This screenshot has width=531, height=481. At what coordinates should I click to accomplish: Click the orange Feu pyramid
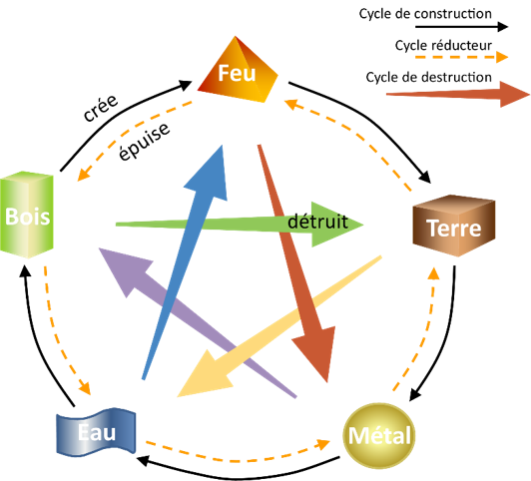238,70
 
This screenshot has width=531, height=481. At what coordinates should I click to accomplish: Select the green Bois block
27,215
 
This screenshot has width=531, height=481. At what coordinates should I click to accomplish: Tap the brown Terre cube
454,226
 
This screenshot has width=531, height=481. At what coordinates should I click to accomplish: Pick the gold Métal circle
379,435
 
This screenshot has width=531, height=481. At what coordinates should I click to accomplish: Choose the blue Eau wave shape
96,432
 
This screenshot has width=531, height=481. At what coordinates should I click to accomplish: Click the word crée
101,108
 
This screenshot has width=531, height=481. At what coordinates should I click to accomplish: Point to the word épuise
144,141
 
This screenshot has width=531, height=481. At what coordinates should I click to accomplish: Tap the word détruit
317,222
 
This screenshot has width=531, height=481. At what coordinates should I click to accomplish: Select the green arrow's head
335,225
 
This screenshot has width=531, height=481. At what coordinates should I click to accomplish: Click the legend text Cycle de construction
425,14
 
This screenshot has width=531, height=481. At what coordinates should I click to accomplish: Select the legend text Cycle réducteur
443,45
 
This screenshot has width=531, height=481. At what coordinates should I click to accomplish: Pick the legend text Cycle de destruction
429,77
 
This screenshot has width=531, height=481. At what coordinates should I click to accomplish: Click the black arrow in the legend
461,26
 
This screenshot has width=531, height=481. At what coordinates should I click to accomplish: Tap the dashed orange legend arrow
461,57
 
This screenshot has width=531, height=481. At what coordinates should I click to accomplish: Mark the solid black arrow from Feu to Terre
372,120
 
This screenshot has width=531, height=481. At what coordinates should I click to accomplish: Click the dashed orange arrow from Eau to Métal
238,460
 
